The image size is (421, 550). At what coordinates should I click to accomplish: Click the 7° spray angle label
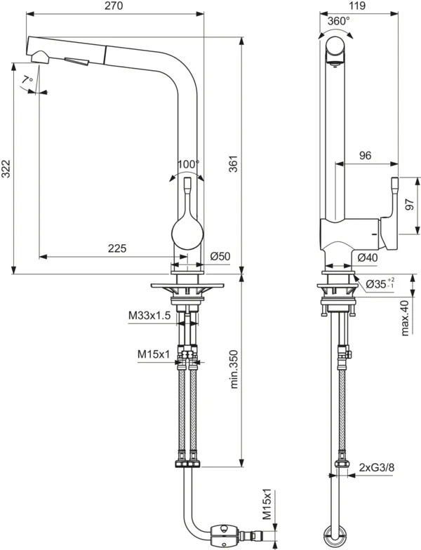pos(27,81)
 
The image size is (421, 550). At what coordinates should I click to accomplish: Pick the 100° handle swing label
pos(188,164)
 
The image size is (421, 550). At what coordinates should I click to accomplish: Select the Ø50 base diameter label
pos(220,257)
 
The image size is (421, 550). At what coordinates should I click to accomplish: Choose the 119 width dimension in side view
pos(359,6)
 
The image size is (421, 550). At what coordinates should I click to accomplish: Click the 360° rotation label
pos(338,21)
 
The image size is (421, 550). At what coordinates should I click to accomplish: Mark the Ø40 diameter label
pos(368,257)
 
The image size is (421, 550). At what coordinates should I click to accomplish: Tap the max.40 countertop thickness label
pos(405,317)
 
